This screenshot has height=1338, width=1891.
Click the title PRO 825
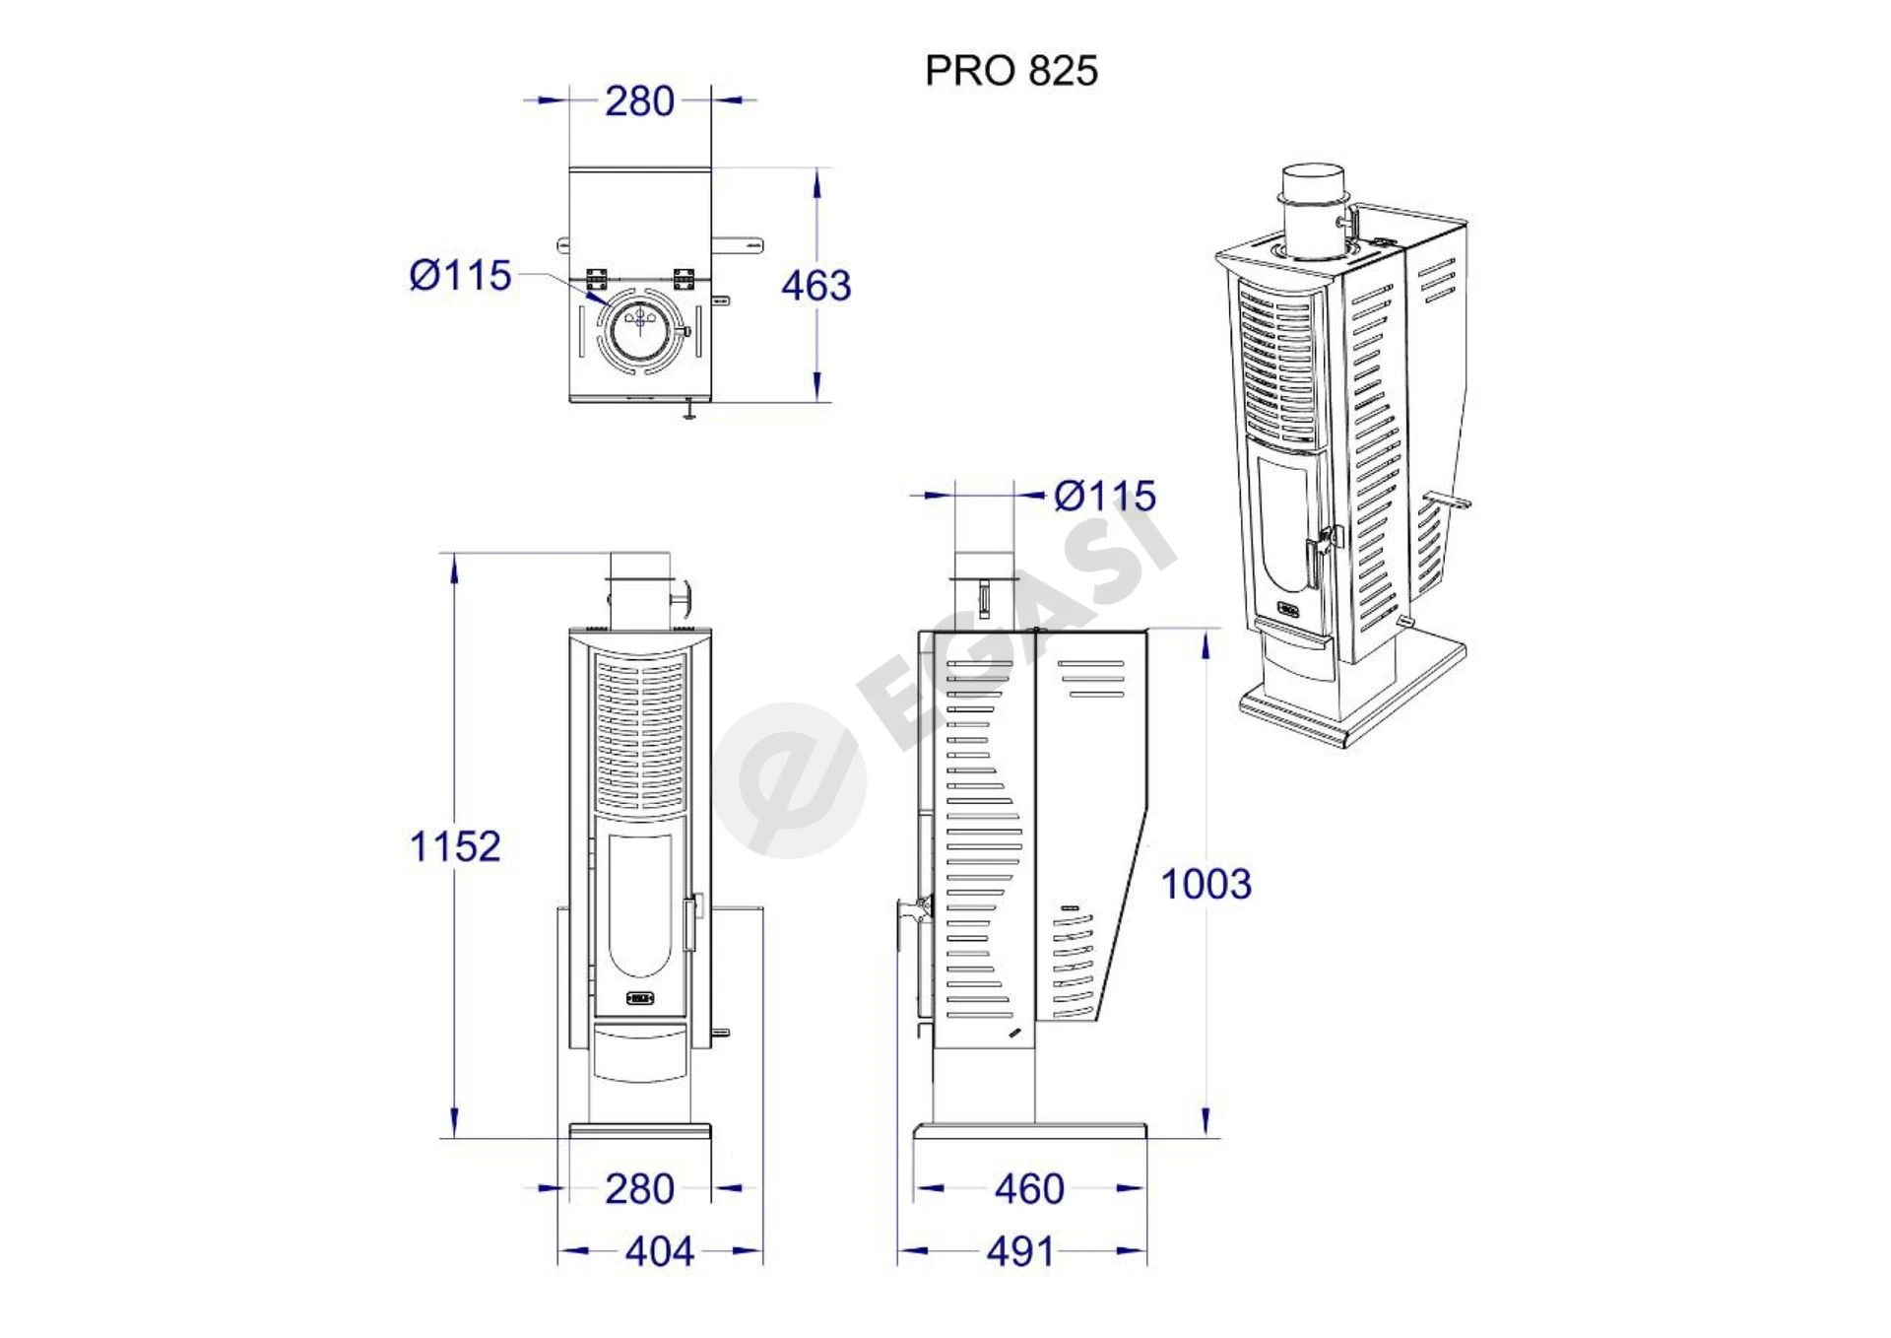[1011, 71]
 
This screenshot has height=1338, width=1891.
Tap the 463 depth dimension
[815, 286]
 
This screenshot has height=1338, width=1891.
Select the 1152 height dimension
[455, 846]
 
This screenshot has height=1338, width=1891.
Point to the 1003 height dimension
[1206, 884]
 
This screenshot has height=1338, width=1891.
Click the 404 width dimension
[660, 1252]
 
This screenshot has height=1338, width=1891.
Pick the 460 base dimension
[1029, 1189]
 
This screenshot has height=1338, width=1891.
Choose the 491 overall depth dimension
[1020, 1252]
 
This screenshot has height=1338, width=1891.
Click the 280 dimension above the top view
[639, 101]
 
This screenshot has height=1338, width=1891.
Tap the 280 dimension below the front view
[639, 1189]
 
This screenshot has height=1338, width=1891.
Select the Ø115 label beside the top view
[460, 276]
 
